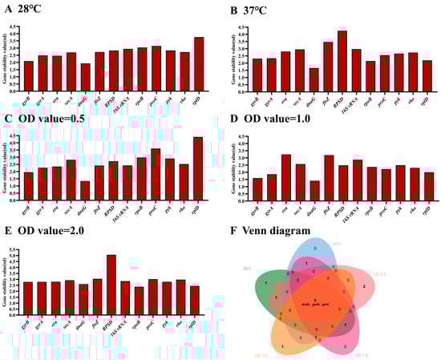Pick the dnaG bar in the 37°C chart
click(x=313, y=79)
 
